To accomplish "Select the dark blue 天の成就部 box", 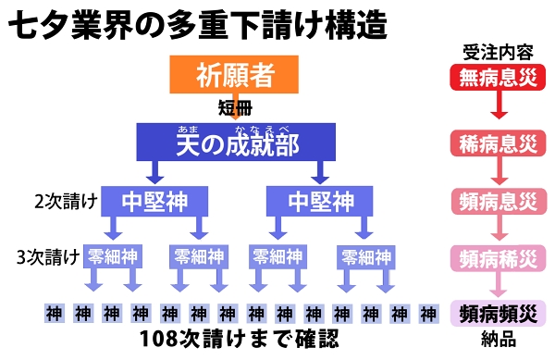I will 238,143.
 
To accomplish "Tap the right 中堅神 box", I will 319,200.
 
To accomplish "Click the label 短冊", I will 234,106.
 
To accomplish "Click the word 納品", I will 498,339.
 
